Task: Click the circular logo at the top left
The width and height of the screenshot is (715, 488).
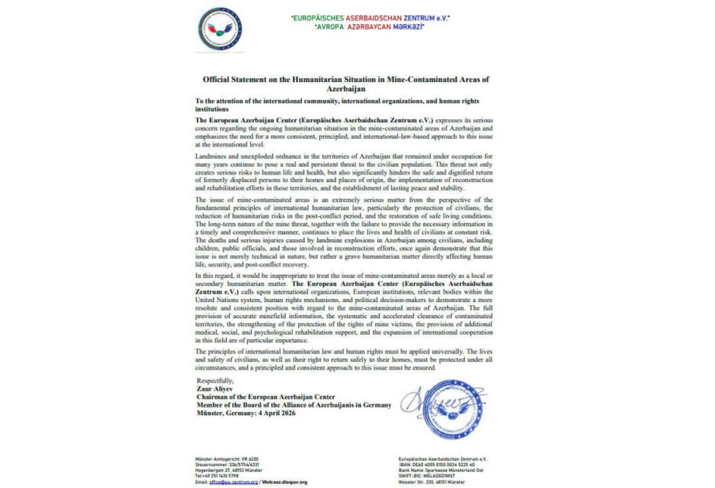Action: point(220,29)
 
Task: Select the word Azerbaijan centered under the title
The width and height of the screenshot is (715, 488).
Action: point(346,89)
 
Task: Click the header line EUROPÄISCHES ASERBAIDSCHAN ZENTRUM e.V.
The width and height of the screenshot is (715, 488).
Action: point(370,18)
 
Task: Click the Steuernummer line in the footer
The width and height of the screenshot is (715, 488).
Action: point(227,465)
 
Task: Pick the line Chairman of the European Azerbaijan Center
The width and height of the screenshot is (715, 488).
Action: point(266,397)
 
